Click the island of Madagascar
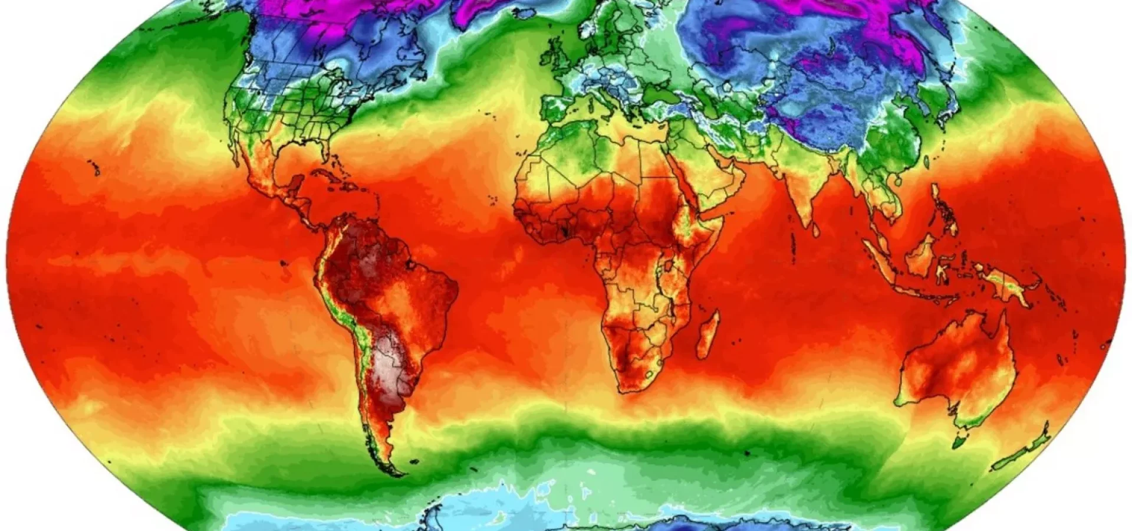pyautogui.click(x=708, y=335)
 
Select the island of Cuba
pyautogui.click(x=330, y=175)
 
